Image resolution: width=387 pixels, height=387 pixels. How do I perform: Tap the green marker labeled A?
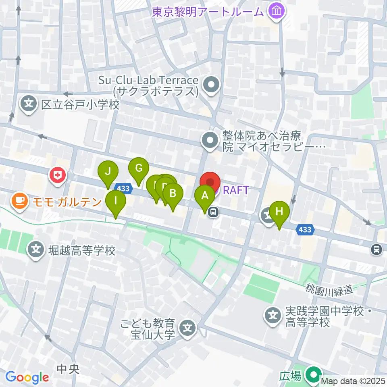click(x=205, y=196)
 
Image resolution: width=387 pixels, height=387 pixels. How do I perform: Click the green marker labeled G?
click(x=139, y=168)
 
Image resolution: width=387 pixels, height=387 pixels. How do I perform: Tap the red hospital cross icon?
click(x=57, y=175)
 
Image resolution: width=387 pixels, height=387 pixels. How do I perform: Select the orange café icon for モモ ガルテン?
click(x=19, y=200)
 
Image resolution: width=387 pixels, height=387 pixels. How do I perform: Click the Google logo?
click(x=27, y=377)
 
